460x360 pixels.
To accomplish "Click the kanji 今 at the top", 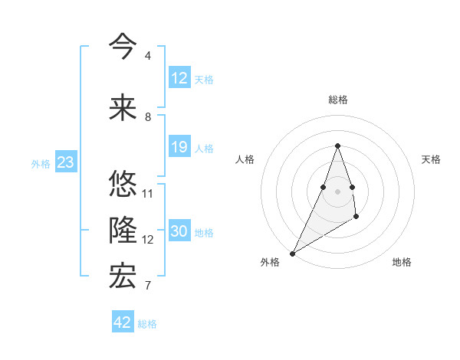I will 123,45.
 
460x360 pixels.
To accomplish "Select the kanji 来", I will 123,107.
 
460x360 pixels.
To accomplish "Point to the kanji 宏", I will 123,276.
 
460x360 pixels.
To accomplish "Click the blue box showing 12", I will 179,77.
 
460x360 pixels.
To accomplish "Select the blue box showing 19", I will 179,147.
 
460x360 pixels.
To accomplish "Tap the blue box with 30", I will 179,231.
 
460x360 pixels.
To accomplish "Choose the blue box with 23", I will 65,162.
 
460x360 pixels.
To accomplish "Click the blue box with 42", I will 123,322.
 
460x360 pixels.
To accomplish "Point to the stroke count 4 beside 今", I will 147,56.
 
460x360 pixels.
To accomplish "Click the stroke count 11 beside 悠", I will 148,194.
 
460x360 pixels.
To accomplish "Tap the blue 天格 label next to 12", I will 204,79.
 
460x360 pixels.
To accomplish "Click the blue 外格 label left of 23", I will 41,163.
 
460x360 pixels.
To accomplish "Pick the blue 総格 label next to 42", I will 147,324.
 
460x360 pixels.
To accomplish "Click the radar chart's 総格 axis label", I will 337,100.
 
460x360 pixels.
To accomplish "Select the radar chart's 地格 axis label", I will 402,262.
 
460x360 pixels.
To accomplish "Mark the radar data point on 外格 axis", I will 292,253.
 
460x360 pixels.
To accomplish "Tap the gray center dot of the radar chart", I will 337,180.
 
